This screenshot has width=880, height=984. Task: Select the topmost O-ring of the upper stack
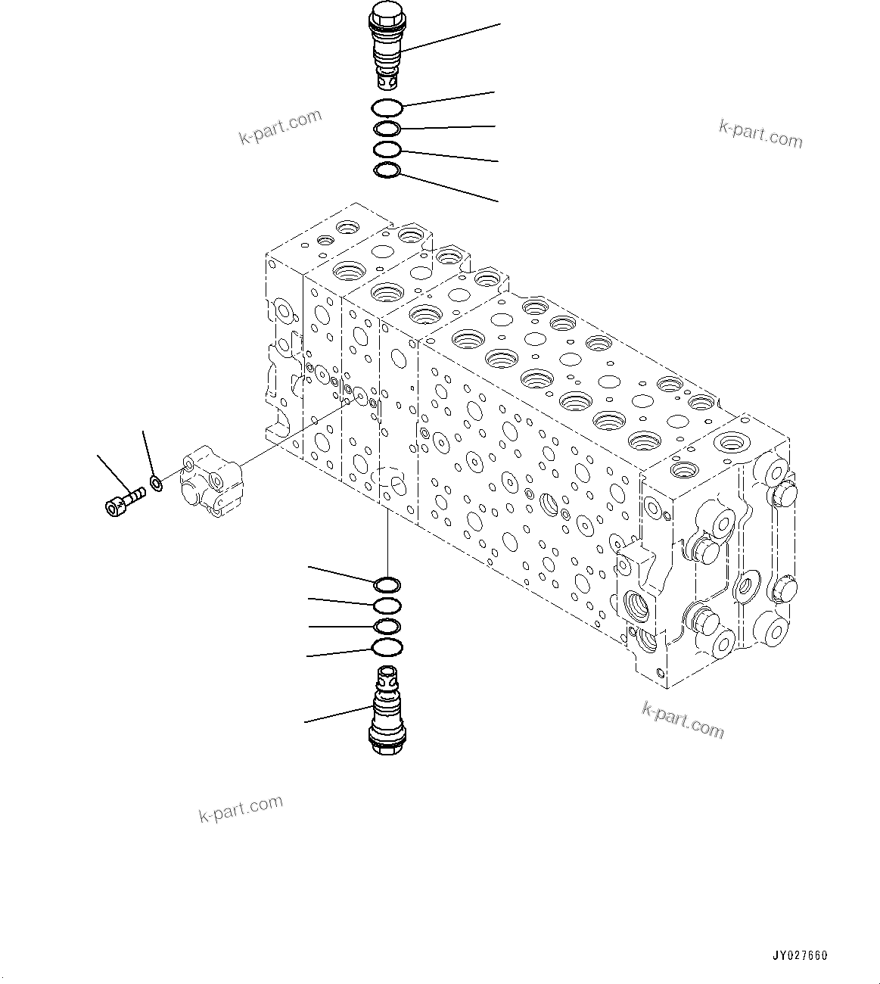click(388, 108)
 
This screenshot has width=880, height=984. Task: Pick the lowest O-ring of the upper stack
click(387, 172)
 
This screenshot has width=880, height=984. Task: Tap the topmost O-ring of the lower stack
click(387, 584)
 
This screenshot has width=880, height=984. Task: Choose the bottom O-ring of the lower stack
click(388, 647)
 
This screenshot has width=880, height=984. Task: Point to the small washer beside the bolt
click(156, 482)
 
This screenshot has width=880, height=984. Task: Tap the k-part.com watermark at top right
click(760, 133)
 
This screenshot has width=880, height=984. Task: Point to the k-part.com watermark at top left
click(280, 126)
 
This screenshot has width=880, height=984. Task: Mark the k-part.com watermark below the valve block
click(683, 719)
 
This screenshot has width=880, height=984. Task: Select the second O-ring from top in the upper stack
click(388, 129)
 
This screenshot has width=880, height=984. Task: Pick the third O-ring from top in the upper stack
click(387, 150)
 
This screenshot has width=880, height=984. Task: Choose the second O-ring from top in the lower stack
click(388, 605)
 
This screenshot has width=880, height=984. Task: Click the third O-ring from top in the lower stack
click(388, 626)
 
